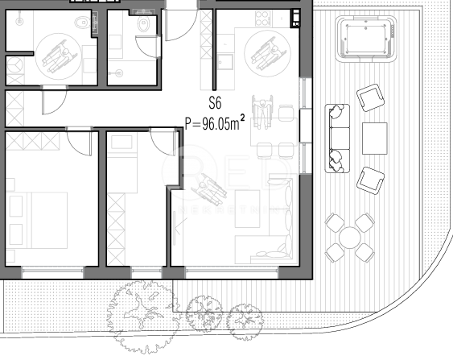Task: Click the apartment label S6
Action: [x=215, y=103]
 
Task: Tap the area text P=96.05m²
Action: [x=215, y=124]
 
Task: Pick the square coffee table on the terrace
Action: [x=375, y=138]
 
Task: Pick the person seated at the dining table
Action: [x=262, y=110]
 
